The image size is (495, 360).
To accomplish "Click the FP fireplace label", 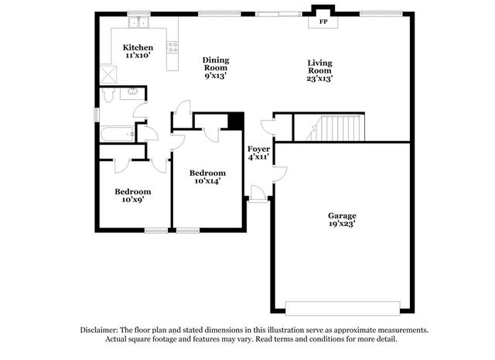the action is point(323,22).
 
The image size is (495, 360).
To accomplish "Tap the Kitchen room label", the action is point(138,47).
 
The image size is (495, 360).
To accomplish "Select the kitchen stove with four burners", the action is point(172,47).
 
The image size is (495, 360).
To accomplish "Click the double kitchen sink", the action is point(138,22).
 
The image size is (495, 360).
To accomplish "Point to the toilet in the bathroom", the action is point(108,94).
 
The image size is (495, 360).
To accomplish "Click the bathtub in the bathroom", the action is point(118,135).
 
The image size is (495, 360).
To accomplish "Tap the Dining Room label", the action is point(216,63).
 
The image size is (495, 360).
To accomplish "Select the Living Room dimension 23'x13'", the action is point(319,78).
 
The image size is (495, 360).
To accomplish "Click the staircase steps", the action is point(335,128).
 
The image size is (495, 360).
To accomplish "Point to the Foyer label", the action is point(258,149).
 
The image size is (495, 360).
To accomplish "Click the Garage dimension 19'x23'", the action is point(342,224).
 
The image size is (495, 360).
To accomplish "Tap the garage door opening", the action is point(343,308).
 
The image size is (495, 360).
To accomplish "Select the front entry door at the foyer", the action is point(258,194).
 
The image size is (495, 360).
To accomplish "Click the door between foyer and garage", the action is point(280,174).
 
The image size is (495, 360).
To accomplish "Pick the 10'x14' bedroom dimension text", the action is point(207,181).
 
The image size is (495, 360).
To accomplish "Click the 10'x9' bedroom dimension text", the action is point(133,200).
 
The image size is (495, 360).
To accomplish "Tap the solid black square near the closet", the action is point(236,121).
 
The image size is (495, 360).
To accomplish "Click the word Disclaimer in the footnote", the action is point(99,330).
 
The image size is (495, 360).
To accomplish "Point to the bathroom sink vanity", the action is point(132,94).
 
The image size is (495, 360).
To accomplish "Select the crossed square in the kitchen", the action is point(108,74).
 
